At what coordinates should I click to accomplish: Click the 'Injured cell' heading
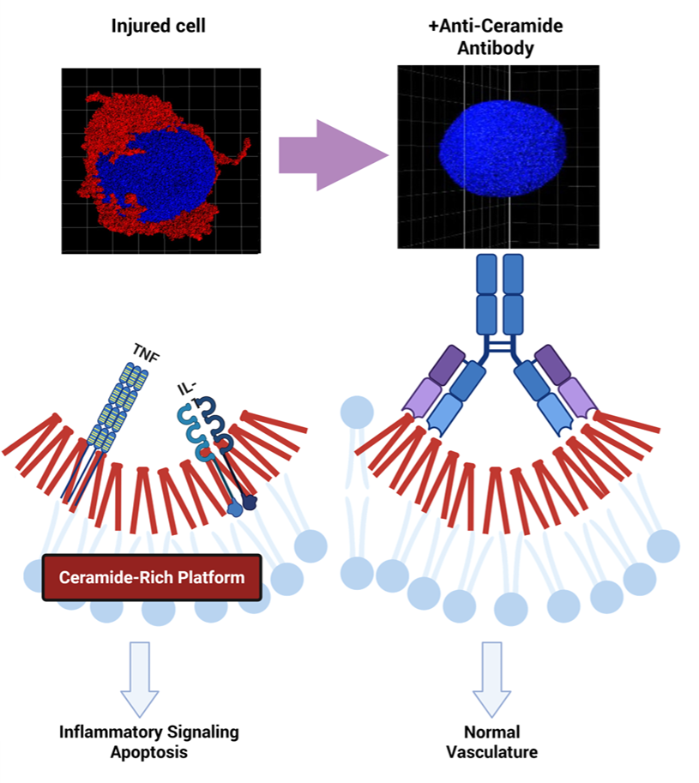click(158, 27)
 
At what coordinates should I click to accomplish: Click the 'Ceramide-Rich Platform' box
click(151, 576)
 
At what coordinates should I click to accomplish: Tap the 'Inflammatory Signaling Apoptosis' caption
click(148, 742)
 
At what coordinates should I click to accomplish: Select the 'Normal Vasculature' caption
click(491, 742)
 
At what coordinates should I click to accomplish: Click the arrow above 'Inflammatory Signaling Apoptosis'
click(139, 677)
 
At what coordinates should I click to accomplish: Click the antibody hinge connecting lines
click(501, 347)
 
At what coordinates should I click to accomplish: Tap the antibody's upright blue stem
click(501, 292)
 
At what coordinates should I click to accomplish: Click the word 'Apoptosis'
click(148, 752)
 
